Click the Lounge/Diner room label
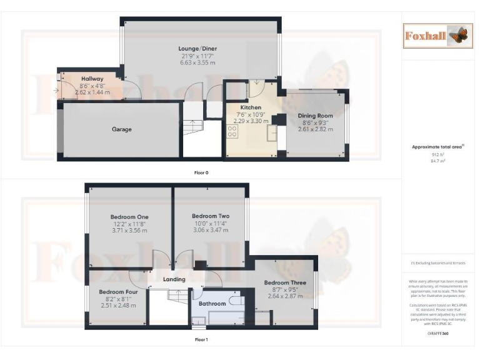pyautogui.click(x=197, y=48)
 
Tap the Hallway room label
pyautogui.click(x=92, y=78)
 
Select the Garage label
pyautogui.click(x=122, y=129)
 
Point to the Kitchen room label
pyautogui.click(x=251, y=107)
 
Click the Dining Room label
pyautogui.click(x=315, y=116)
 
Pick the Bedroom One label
pyautogui.click(x=129, y=217)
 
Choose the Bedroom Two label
pyautogui.click(x=211, y=216)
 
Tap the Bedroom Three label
pyautogui.click(x=285, y=283)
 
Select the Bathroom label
pyautogui.click(x=212, y=304)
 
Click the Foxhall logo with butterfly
pyautogui.click(x=436, y=36)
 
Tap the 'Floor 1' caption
pyautogui.click(x=201, y=340)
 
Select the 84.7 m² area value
pyautogui.click(x=436, y=161)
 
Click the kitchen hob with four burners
pyautogui.click(x=232, y=132)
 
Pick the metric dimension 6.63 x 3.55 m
pyautogui.click(x=197, y=63)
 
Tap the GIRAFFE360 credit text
pyautogui.click(x=437, y=333)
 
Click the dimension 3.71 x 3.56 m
pyautogui.click(x=129, y=231)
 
